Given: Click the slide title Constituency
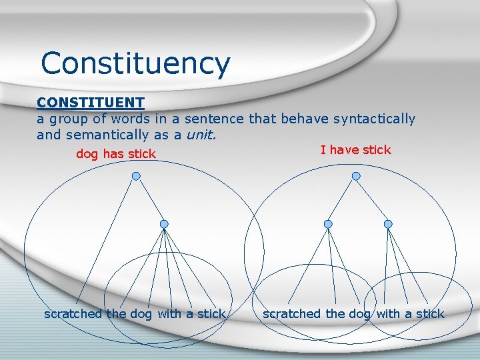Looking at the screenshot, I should click(135, 64).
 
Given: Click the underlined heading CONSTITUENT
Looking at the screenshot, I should click(91, 103).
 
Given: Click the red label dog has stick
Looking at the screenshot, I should click(116, 154).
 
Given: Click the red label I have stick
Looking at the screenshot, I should click(356, 150).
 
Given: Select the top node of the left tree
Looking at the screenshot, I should click(136, 176).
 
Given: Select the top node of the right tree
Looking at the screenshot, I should click(356, 176).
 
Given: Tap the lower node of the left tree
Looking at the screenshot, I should click(164, 224).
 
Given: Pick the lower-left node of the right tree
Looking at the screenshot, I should click(327, 224).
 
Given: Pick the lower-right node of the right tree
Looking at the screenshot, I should click(388, 224).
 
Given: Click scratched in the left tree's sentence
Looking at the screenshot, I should click(73, 314).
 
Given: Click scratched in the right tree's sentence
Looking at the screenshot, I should click(292, 314).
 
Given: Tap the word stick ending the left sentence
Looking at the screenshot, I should click(212, 314).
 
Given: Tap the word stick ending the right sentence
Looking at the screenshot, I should click(430, 314).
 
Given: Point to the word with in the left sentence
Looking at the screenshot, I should click(170, 314).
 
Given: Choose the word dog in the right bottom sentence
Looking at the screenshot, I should click(359, 314).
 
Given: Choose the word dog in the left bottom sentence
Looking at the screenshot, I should click(141, 314).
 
